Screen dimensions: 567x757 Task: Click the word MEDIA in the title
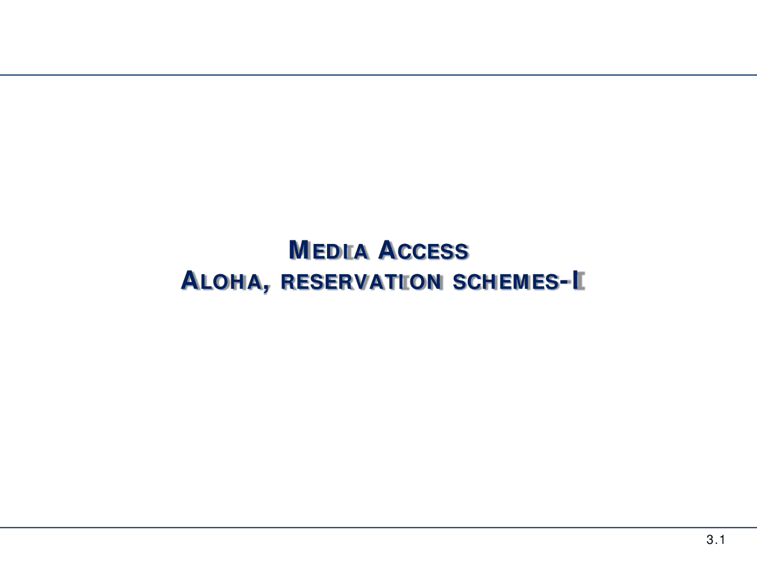[x=329, y=251]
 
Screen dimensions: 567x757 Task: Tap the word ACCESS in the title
[x=423, y=251]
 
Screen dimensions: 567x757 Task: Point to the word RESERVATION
[x=361, y=282]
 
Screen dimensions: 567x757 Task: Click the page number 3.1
[x=716, y=540]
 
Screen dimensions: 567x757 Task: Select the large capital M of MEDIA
[x=299, y=250]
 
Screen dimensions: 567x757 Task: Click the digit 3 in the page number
[x=709, y=540]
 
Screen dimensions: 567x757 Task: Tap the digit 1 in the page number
[x=722, y=540]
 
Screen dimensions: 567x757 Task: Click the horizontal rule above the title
[x=378, y=75]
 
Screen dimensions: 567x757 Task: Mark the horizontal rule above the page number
[x=378, y=527]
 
